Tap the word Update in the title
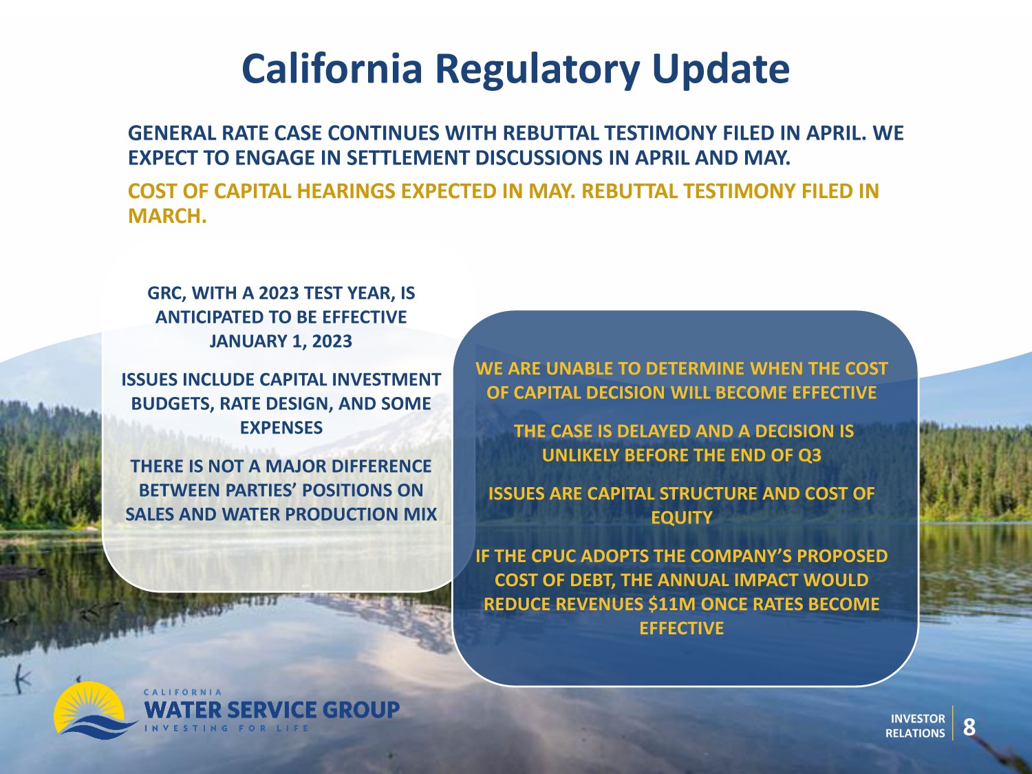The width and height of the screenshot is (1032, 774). pyautogui.click(x=721, y=69)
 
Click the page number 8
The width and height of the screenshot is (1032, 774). pyautogui.click(x=969, y=727)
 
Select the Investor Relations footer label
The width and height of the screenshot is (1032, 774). pyautogui.click(x=915, y=726)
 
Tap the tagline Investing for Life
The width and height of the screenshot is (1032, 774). pyautogui.click(x=226, y=729)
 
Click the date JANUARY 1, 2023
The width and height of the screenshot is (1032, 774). pyautogui.click(x=281, y=341)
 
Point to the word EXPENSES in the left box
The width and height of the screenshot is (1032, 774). pyautogui.click(x=281, y=428)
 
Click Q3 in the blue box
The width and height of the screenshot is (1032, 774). pyautogui.click(x=808, y=455)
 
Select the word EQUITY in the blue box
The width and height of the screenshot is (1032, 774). pyautogui.click(x=682, y=518)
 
